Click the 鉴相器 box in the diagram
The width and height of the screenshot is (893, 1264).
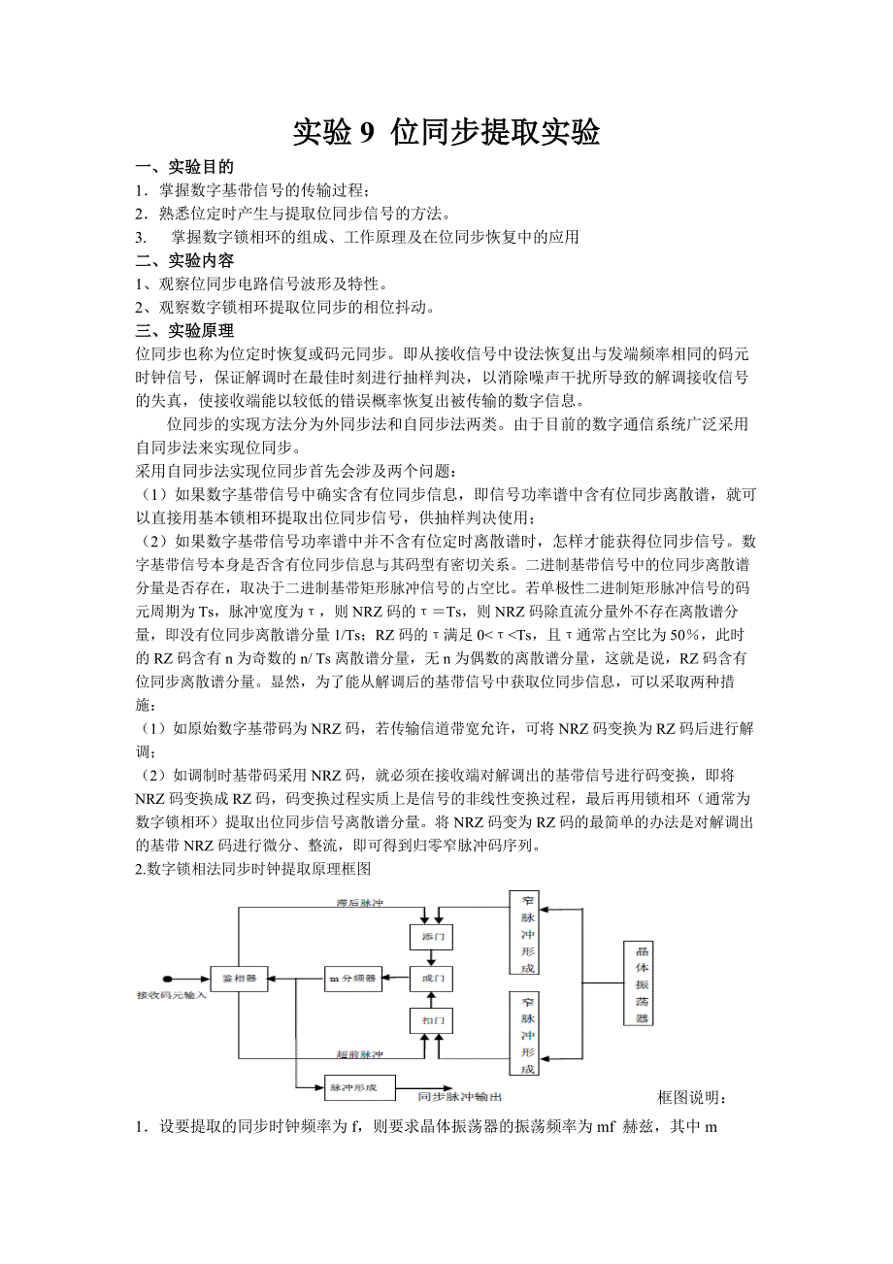(239, 979)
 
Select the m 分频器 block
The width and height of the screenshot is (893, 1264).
(351, 979)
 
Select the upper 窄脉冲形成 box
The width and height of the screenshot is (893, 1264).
(525, 932)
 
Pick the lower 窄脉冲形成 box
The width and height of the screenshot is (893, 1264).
(525, 1034)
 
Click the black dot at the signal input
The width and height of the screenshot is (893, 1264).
(167, 979)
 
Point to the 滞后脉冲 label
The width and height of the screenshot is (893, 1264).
(357, 904)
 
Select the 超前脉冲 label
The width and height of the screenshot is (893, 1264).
(357, 1053)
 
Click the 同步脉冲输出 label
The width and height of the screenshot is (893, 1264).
(459, 1097)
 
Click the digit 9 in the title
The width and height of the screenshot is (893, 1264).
(367, 133)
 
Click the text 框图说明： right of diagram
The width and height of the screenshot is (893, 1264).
(692, 1097)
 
